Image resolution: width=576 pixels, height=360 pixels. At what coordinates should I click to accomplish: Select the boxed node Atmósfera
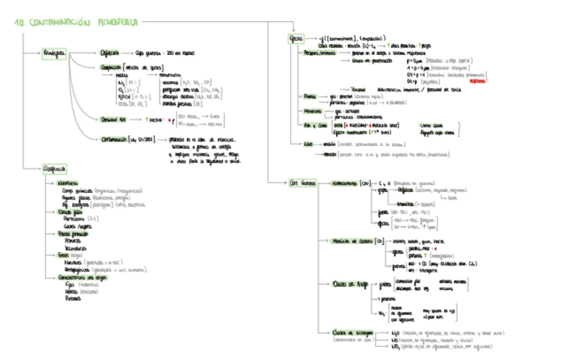54,52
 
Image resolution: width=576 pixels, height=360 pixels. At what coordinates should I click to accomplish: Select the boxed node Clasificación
54,169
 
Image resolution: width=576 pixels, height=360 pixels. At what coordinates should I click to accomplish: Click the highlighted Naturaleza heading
67,184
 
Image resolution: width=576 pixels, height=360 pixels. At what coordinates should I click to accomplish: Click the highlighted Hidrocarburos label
346,183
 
